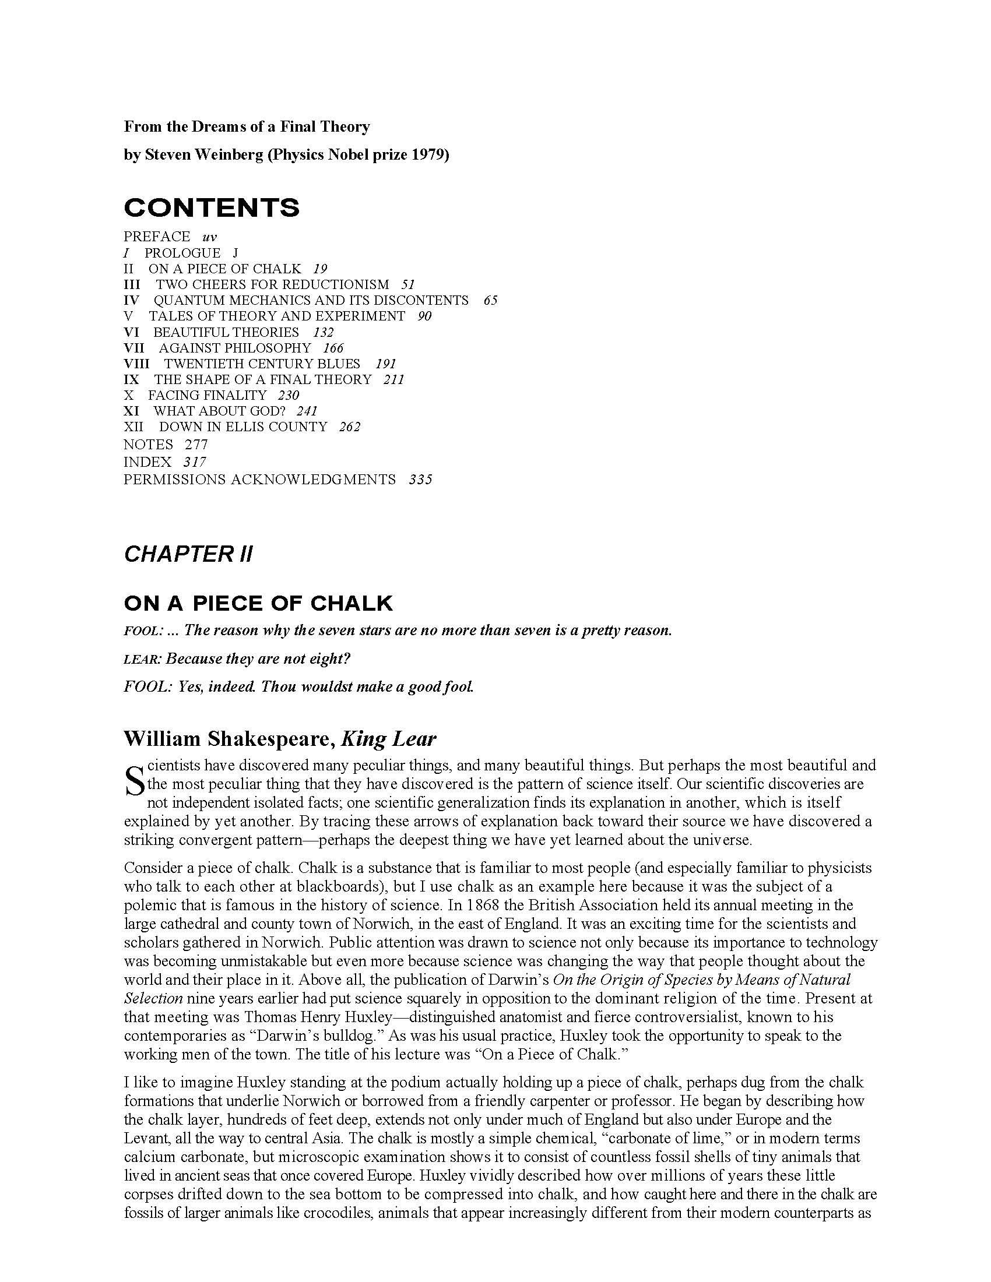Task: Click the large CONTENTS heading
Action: click(x=212, y=208)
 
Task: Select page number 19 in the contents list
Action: click(x=320, y=269)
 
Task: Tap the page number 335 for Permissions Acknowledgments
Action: click(x=420, y=480)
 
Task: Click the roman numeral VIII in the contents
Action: click(x=137, y=364)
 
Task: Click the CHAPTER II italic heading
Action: click(x=188, y=554)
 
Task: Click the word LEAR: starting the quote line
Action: click(x=143, y=659)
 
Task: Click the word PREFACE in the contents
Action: click(x=157, y=237)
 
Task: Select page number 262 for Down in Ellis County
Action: click(x=349, y=427)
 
